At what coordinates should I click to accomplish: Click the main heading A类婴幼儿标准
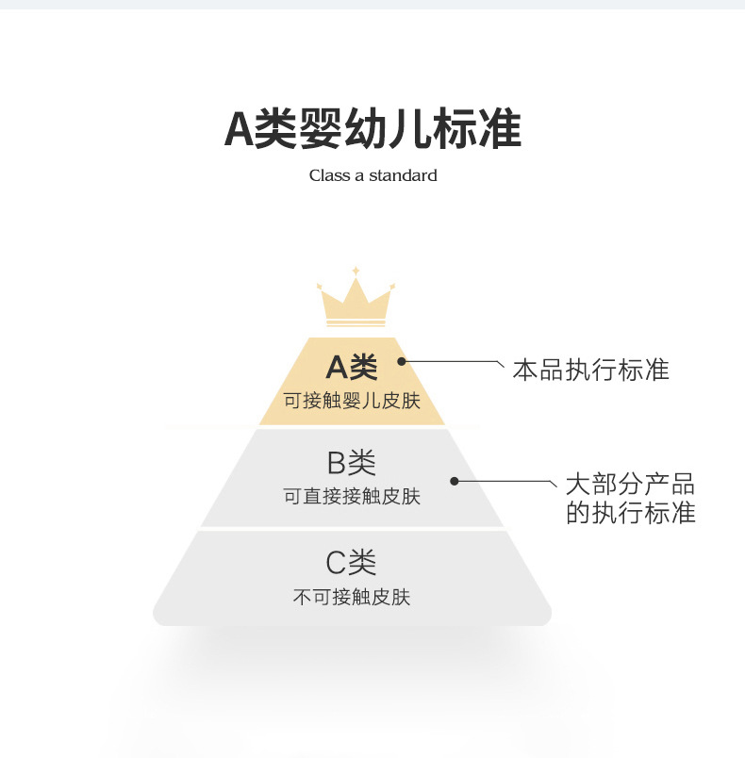pyautogui.click(x=372, y=129)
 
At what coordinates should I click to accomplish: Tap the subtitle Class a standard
pyautogui.click(x=372, y=175)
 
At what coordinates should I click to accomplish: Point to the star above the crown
pyautogui.click(x=356, y=271)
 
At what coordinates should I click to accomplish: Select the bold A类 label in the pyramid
pyautogui.click(x=351, y=367)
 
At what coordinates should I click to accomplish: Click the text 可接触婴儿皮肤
pyautogui.click(x=352, y=401)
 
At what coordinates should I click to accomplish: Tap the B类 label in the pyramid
pyautogui.click(x=352, y=463)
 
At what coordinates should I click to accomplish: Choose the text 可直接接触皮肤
pyautogui.click(x=352, y=496)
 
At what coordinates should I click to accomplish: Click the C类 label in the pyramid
pyautogui.click(x=352, y=563)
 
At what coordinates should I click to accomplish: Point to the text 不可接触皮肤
pyautogui.click(x=352, y=597)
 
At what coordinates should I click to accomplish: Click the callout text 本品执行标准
pyautogui.click(x=590, y=370)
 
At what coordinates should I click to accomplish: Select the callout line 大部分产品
pyautogui.click(x=630, y=485)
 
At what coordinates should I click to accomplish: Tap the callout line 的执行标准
pyautogui.click(x=630, y=513)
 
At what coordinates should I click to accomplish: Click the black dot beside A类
pyautogui.click(x=402, y=360)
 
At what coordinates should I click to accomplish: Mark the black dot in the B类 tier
pyautogui.click(x=454, y=481)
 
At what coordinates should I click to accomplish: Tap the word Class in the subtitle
pyautogui.click(x=329, y=175)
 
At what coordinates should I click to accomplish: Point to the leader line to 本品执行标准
pyautogui.click(x=453, y=360)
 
